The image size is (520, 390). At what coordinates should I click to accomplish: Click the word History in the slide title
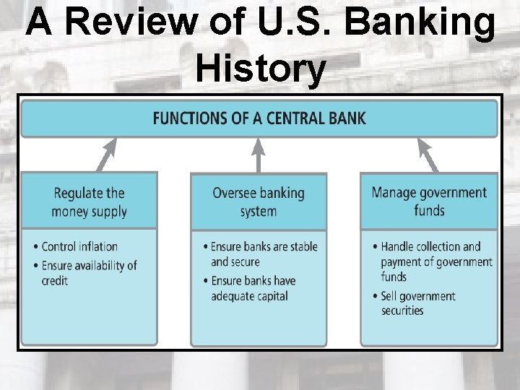coord(260,69)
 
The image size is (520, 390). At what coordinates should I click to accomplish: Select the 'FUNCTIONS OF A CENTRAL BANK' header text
coord(259,118)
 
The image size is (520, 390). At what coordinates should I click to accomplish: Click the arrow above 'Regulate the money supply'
coord(106,155)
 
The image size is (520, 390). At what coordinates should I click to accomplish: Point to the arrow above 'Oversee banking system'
coord(258,155)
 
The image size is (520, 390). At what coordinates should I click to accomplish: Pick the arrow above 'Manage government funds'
coord(428,155)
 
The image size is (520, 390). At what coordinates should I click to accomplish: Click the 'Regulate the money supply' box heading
coord(89,201)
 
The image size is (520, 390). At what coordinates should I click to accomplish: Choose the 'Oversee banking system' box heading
coord(258,201)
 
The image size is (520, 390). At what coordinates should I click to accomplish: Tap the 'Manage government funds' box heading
coord(429,201)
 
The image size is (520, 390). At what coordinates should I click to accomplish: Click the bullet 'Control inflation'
coord(79,247)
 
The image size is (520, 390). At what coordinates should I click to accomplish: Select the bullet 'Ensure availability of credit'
coord(89,272)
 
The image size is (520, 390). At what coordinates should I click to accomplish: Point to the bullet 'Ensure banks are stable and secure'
coord(264,254)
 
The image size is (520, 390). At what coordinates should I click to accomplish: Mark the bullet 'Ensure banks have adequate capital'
coord(253,288)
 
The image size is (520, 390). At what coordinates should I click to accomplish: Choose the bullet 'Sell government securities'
coord(417,303)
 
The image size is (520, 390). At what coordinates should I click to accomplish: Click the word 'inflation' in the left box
coord(100,247)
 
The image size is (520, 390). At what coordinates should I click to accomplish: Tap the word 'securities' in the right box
coord(403,311)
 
